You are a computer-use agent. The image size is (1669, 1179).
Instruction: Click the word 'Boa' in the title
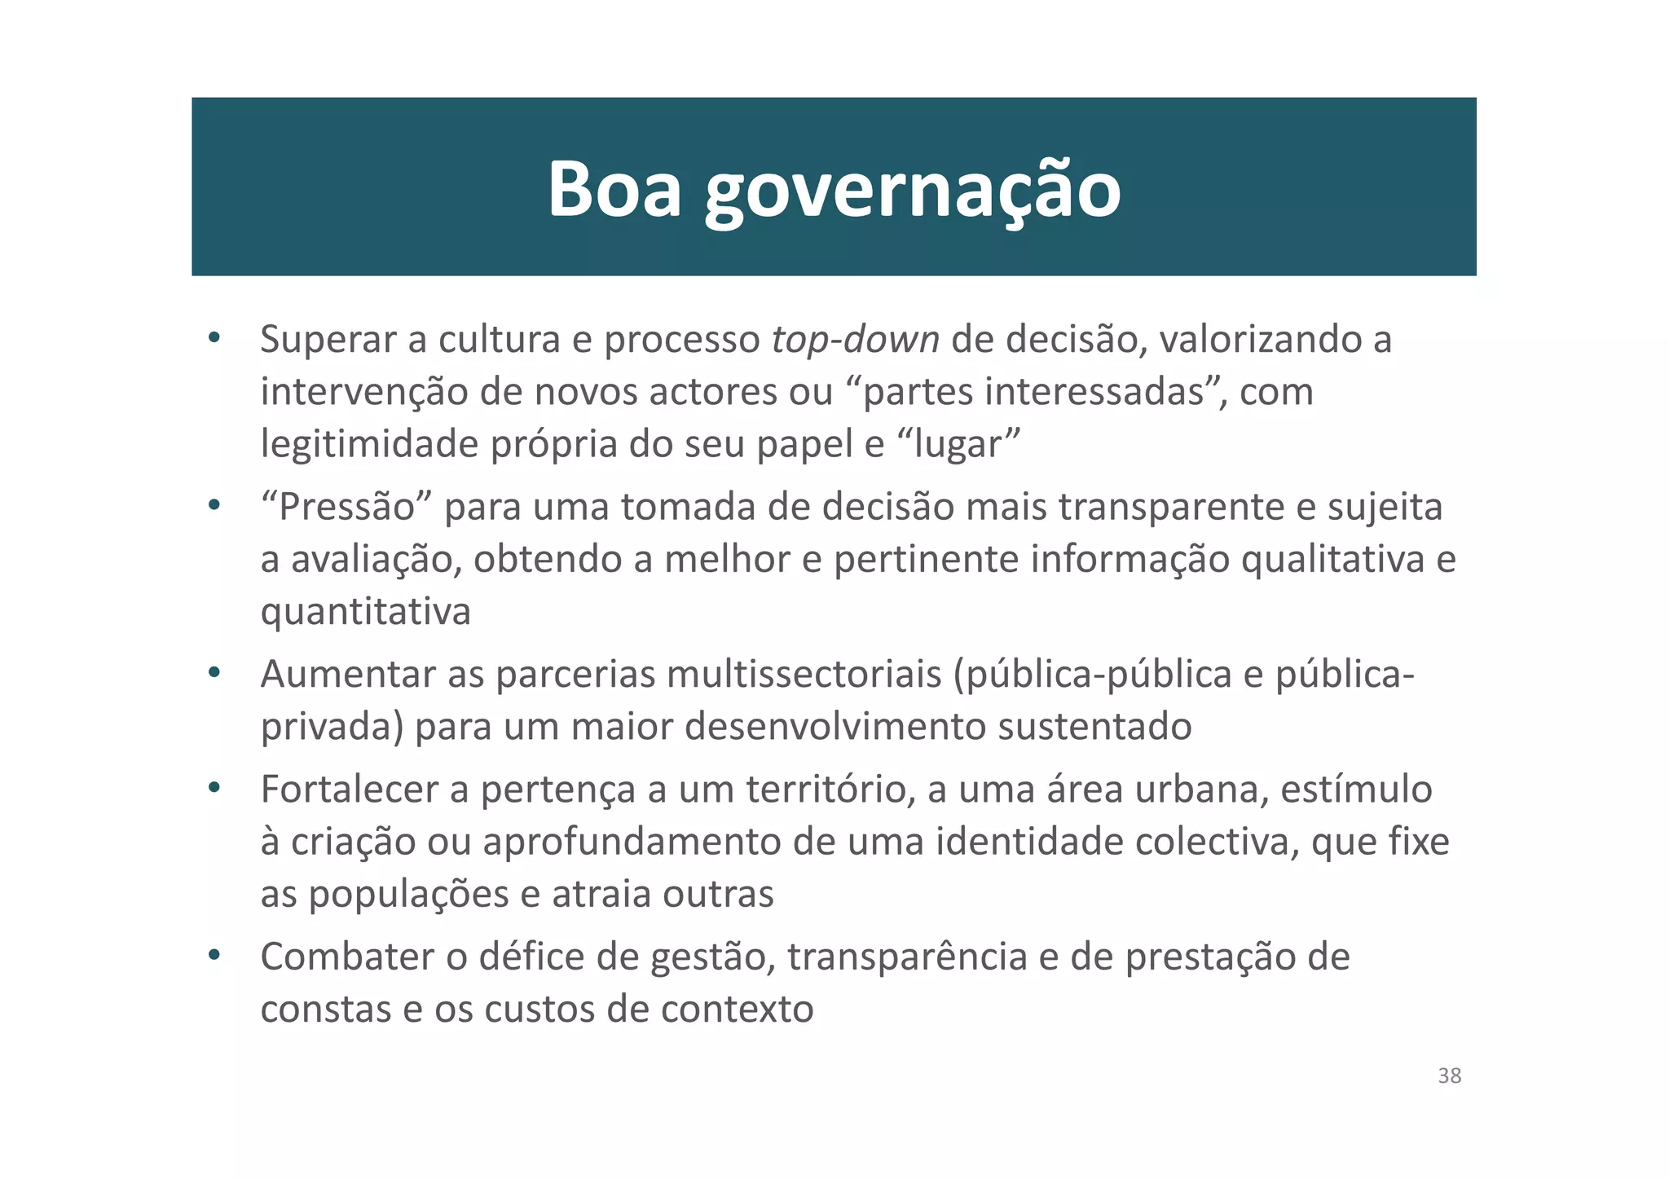tap(614, 190)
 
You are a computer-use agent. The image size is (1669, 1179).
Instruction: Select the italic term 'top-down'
tap(855, 339)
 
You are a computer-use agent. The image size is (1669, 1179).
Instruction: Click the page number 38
tap(1449, 1076)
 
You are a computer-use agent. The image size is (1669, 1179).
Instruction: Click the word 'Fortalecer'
tap(349, 790)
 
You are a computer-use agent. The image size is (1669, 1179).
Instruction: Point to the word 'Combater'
tap(346, 957)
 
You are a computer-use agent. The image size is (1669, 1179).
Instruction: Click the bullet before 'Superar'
tap(214, 338)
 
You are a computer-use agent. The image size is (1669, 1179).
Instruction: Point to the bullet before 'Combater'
tap(214, 955)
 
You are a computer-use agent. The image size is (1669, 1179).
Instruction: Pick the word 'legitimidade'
tap(369, 445)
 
